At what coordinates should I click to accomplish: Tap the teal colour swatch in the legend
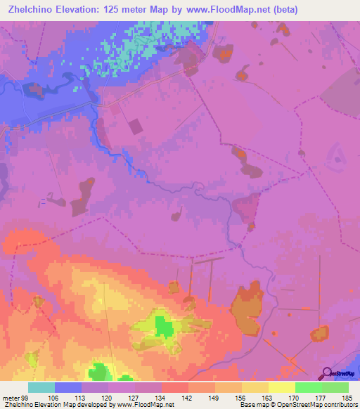(x=41, y=387)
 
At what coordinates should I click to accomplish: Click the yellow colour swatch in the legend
(x=281, y=387)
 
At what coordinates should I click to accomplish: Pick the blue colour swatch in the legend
(x=68, y=387)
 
